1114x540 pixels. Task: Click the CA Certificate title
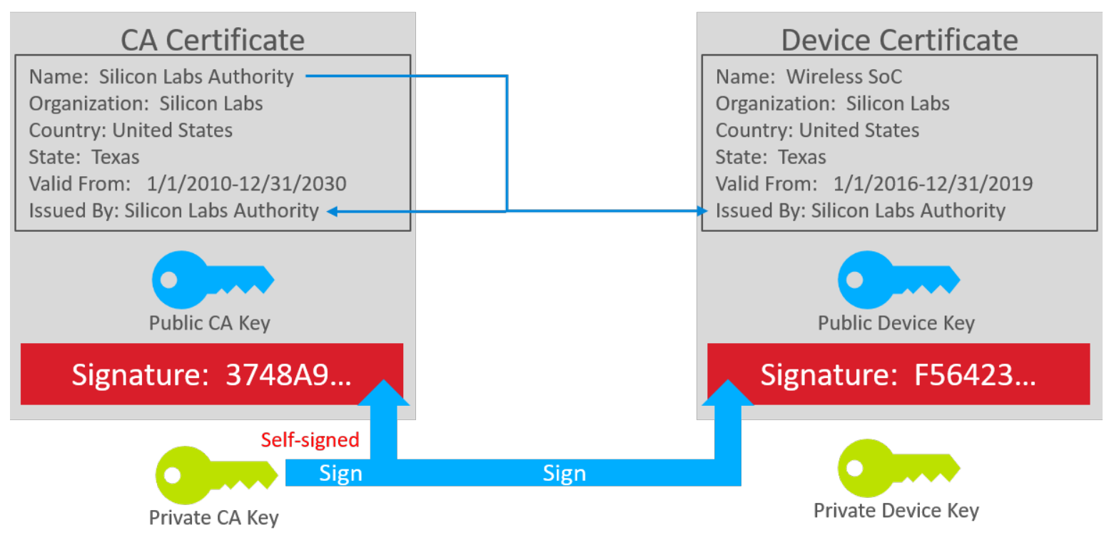pos(213,39)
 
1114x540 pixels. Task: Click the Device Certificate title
pos(899,39)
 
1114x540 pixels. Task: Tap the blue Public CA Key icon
pos(212,280)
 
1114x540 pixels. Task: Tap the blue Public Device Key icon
pos(898,280)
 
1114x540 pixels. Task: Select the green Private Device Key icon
pos(898,468)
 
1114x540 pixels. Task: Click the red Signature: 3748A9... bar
pos(212,375)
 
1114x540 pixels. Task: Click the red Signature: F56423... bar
pos(898,375)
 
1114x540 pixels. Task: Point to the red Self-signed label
pos(310,440)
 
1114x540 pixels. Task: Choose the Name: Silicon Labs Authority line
pos(161,77)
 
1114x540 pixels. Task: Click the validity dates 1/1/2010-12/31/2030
pos(246,184)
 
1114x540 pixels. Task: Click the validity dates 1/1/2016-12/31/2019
pos(933,184)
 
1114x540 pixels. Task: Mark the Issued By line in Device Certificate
pos(861,211)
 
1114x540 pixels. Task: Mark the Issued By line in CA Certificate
pos(173,211)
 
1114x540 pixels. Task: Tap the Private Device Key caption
pos(896,511)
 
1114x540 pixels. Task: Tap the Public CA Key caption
pos(210,323)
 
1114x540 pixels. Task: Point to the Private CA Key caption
pos(213,517)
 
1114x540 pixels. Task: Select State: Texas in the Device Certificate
pos(771,157)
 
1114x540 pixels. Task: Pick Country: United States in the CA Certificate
pos(131,131)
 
